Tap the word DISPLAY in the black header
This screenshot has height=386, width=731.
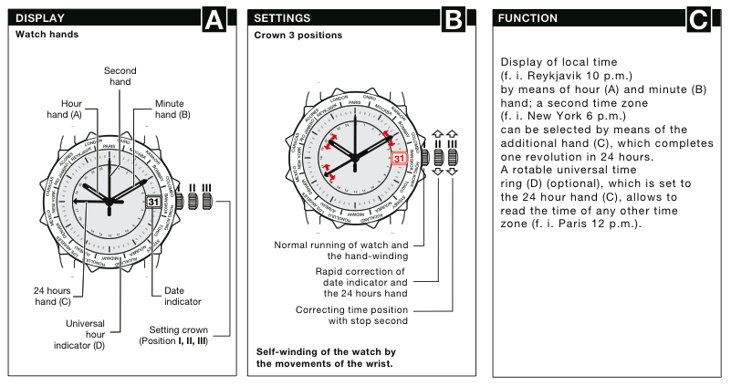39,18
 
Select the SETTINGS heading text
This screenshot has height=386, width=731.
282,18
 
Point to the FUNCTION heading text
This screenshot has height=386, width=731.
527,18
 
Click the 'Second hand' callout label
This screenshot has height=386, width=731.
120,77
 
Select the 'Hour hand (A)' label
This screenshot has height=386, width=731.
65,109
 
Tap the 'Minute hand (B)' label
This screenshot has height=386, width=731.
172,109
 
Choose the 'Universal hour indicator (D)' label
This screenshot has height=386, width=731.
90,335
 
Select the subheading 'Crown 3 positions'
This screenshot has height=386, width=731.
298,36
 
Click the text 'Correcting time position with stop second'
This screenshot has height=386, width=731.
351,316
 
